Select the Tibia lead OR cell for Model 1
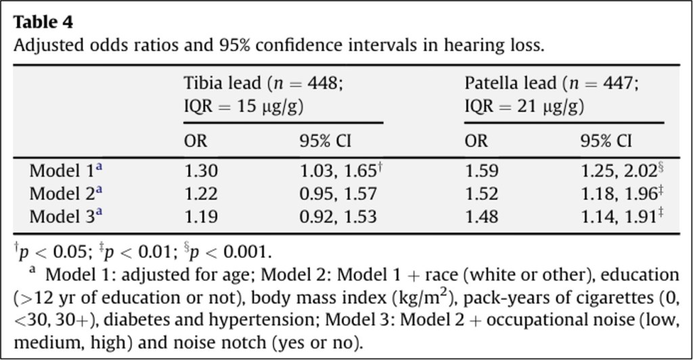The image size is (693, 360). click(201, 171)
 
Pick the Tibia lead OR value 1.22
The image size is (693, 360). click(201, 194)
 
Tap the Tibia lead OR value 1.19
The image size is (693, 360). click(201, 217)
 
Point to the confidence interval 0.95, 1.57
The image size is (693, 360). click(338, 194)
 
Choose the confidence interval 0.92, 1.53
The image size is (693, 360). click(338, 217)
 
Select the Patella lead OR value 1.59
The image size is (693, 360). click(481, 171)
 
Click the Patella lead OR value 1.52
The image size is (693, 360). click(481, 194)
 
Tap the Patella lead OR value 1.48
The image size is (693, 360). click(481, 217)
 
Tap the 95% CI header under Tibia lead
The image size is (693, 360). click(326, 141)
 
